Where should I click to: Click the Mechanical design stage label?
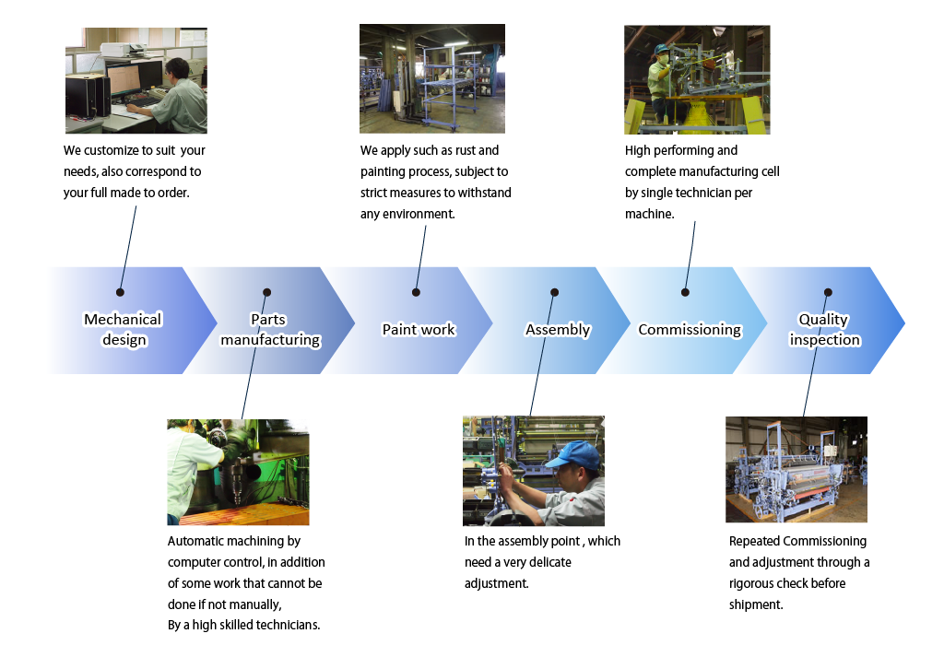(123, 329)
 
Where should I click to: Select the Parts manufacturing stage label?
(270, 329)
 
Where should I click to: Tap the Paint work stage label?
(419, 329)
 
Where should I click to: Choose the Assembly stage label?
(558, 330)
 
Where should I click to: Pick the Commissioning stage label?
(690, 330)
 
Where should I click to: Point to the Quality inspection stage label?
(825, 329)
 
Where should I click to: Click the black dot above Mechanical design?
(121, 292)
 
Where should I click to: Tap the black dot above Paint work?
(416, 292)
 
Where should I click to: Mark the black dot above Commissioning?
(685, 292)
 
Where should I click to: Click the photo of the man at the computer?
(136, 80)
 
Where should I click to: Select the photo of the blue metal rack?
(432, 79)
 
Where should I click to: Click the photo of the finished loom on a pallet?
(796, 469)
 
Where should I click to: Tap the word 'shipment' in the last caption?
(756, 604)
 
